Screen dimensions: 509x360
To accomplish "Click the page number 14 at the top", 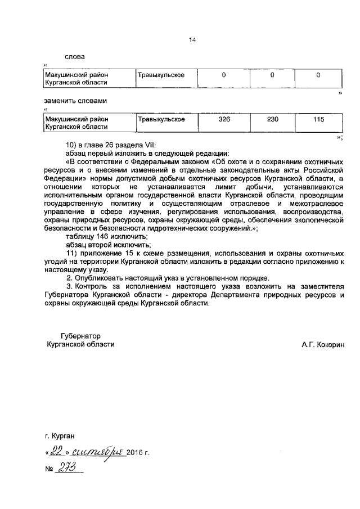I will [192, 40].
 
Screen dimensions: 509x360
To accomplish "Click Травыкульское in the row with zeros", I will [161, 75].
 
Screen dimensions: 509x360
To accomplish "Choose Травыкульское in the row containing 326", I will [161, 120].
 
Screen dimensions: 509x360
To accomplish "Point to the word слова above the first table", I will [75, 56].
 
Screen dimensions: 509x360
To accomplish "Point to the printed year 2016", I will [135, 452].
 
